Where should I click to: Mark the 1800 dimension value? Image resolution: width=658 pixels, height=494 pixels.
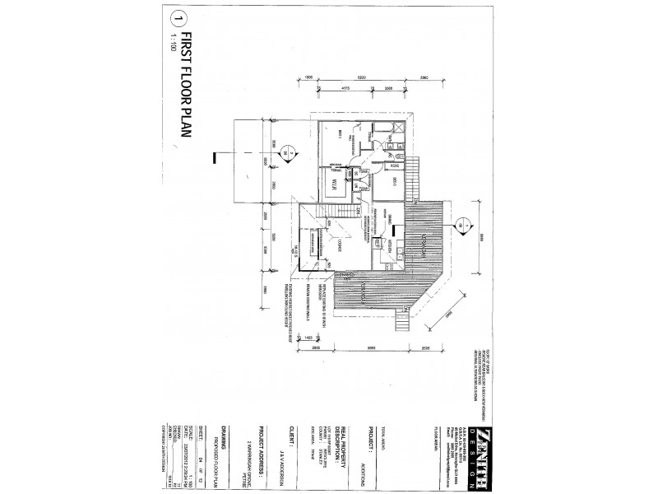(308, 77)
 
